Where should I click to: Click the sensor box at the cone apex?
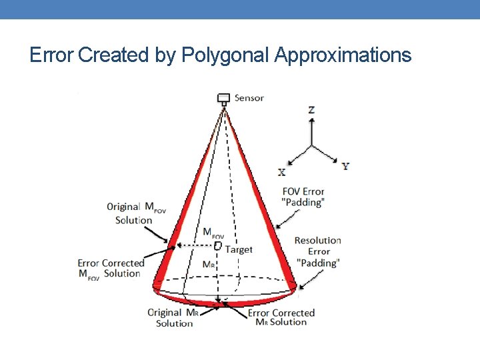224,98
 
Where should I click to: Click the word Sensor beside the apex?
249,98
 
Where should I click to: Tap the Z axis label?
311,110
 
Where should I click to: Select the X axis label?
281,172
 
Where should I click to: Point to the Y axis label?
345,166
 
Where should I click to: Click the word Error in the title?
51,55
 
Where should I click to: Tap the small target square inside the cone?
217,247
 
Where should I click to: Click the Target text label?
239,249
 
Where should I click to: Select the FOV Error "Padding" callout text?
303,197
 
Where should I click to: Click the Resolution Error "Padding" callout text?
318,251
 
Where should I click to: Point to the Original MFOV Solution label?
136,213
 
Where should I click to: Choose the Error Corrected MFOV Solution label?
111,269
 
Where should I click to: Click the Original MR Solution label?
174,318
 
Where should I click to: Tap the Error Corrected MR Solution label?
281,317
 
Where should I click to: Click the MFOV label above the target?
213,233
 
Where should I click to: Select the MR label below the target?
209,265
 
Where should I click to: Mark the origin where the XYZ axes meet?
311,146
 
